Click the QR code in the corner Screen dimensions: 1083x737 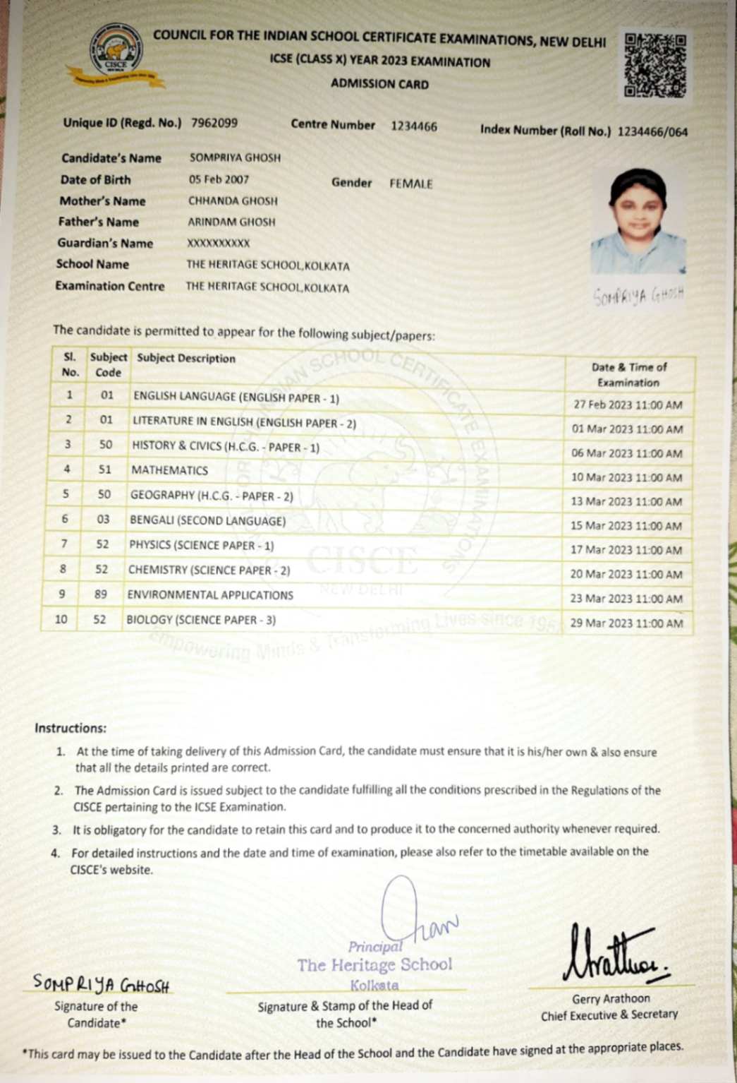[654, 65]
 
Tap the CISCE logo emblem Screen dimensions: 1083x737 [116, 53]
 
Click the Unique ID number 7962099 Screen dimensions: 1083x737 [214, 123]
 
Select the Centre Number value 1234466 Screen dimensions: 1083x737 [414, 126]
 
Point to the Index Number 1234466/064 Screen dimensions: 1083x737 [652, 131]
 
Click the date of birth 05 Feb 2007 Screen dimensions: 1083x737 [219, 179]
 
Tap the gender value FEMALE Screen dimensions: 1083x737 [411, 184]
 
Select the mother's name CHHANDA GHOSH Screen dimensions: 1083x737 [233, 201]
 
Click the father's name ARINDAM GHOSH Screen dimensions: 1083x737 [231, 222]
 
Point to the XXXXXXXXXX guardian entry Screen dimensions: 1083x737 [219, 243]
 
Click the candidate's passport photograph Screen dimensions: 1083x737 [638, 221]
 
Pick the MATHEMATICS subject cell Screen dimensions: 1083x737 [169, 470]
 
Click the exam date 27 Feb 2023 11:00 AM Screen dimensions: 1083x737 [628, 405]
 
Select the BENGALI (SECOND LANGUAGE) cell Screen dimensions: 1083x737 [207, 521]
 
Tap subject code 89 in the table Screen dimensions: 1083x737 [101, 594]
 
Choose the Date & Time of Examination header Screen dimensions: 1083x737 [628, 375]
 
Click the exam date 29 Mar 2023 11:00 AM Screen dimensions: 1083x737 [626, 623]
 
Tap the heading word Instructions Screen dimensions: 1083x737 [71, 728]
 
